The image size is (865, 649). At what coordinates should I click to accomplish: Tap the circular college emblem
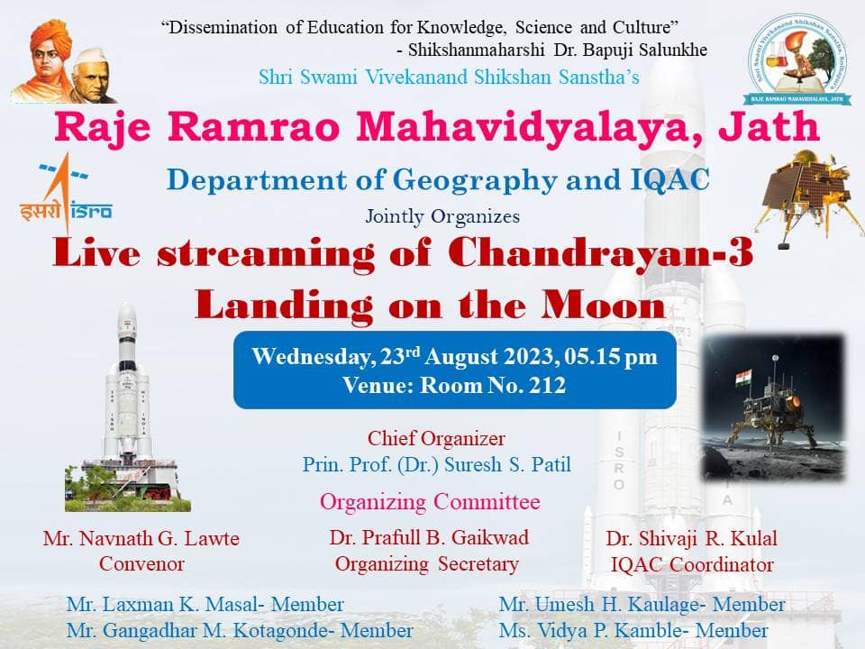click(x=798, y=59)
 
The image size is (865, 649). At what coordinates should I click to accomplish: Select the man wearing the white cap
click(x=93, y=76)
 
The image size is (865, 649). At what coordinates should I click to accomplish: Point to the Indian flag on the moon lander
click(x=743, y=379)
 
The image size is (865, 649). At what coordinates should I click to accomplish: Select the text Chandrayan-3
click(x=601, y=253)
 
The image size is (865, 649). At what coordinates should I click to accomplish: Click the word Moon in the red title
click(x=603, y=306)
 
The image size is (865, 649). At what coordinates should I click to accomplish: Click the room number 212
click(x=547, y=385)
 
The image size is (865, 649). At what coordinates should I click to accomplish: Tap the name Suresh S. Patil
click(x=507, y=465)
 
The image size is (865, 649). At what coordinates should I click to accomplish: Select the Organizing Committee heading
click(x=430, y=502)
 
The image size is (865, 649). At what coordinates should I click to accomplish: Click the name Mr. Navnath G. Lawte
click(x=141, y=538)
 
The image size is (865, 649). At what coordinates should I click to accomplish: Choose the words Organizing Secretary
click(x=427, y=564)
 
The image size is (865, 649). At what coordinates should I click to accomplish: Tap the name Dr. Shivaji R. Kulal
click(x=692, y=538)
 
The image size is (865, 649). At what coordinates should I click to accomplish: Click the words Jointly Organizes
click(x=442, y=216)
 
